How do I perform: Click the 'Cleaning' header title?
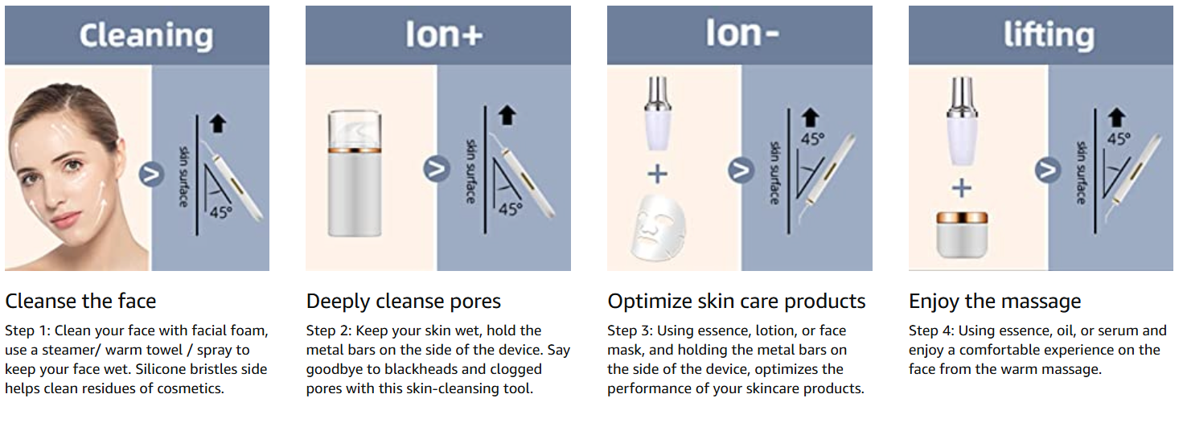point(146,36)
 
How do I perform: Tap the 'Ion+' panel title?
point(444,35)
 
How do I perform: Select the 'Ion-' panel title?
point(742,33)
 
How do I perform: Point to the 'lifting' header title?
point(1049,35)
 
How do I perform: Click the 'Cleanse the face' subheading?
point(80,302)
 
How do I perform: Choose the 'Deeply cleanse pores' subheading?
point(404,302)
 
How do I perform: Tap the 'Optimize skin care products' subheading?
point(736,302)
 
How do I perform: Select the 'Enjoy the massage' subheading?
point(995,302)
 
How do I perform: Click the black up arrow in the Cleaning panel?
point(218,123)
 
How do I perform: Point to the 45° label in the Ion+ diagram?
point(510,209)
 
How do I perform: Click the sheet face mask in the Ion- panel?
point(659,227)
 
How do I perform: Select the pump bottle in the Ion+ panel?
point(355,173)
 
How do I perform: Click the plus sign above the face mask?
point(658,174)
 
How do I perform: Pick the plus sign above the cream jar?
point(962,188)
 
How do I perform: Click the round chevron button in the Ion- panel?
point(741,170)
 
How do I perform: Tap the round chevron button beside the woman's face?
point(151,174)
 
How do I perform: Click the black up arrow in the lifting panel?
point(1116,117)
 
